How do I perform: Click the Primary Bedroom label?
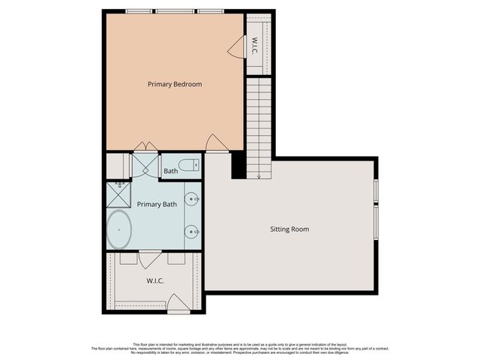click(x=174, y=84)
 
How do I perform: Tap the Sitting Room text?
click(x=289, y=229)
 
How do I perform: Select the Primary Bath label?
click(x=159, y=204)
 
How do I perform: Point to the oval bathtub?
click(x=118, y=229)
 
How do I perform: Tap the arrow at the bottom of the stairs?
click(x=259, y=176)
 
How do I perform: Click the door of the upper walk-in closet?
click(x=236, y=48)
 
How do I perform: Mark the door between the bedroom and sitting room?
click(x=216, y=143)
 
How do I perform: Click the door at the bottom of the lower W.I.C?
click(x=178, y=304)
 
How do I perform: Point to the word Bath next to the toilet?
click(x=170, y=171)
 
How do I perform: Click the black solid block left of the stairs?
click(x=238, y=165)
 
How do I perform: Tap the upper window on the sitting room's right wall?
click(x=376, y=190)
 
